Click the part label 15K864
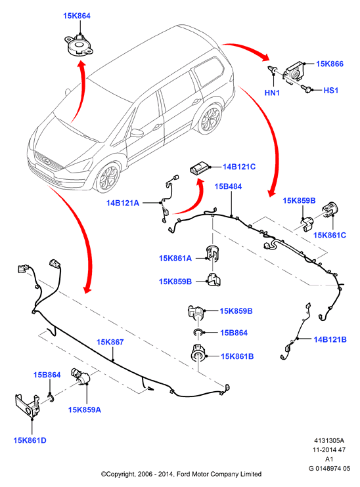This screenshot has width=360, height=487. (77, 16)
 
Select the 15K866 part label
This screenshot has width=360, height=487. (330, 64)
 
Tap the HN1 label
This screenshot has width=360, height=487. (272, 93)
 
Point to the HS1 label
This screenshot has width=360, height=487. (331, 91)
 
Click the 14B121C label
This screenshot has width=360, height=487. (239, 167)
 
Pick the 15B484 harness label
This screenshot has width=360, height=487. (228, 186)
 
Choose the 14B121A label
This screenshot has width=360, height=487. (123, 203)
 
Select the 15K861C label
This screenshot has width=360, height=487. (330, 235)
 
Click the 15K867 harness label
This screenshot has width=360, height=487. (110, 342)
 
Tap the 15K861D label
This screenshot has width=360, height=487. (30, 440)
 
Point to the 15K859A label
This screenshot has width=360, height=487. (85, 410)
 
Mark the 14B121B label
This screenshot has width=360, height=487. (330, 339)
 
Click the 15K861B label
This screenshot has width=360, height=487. (237, 356)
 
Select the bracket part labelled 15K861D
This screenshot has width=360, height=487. (28, 406)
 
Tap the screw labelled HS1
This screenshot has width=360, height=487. (307, 90)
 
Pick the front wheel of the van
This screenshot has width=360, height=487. (107, 179)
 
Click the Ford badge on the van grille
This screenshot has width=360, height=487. (47, 161)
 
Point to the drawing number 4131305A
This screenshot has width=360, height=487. (329, 440)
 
